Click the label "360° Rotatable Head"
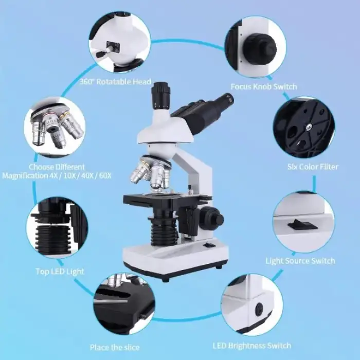[115, 82]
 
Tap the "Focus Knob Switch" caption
[264, 86]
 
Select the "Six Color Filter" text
[313, 167]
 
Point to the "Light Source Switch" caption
[300, 261]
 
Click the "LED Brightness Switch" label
[252, 346]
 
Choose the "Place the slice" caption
[115, 347]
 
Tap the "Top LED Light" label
[60, 272]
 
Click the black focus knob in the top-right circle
[260, 48]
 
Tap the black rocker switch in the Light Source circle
[302, 224]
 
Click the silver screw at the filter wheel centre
[309, 127]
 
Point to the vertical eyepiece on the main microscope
[160, 95]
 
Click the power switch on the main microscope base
[209, 245]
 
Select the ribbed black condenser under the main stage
[163, 231]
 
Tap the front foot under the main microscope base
[166, 280]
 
